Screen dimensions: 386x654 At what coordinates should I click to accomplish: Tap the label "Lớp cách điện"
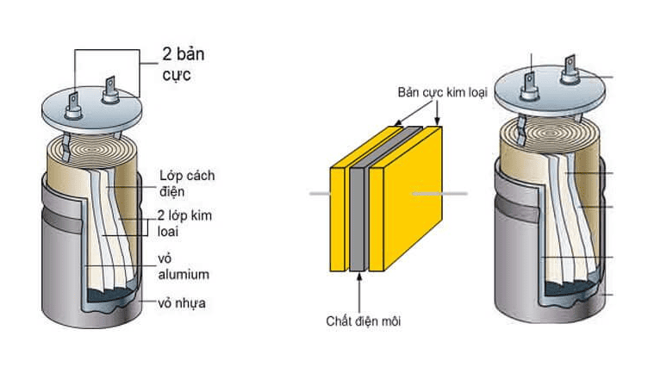(x=186, y=183)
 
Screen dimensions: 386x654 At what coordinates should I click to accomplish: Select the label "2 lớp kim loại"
(x=185, y=223)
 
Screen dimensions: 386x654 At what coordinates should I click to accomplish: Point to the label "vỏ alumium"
(x=184, y=266)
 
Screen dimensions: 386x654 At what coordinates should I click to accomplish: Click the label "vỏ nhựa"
(x=182, y=303)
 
